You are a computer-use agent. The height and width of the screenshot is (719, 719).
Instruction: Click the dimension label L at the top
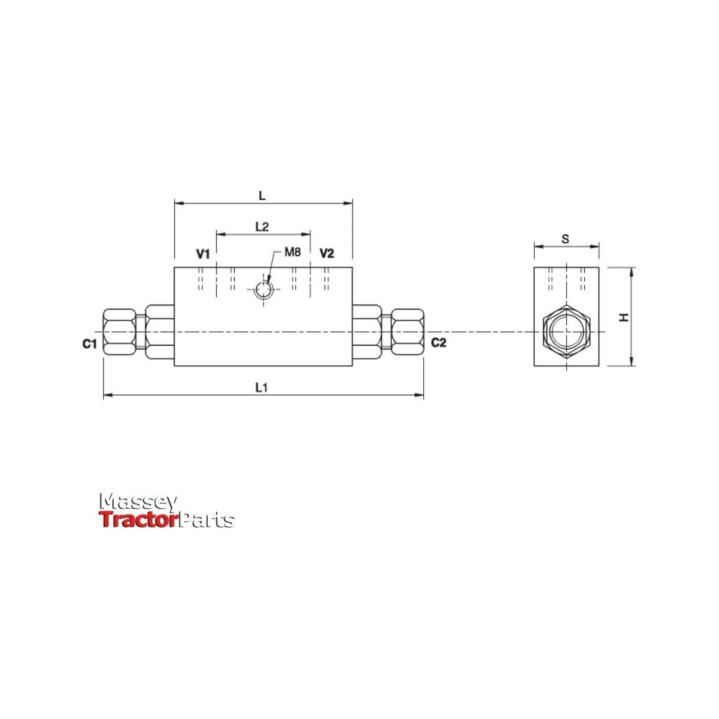[262, 195]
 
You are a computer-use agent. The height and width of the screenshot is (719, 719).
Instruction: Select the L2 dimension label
[262, 226]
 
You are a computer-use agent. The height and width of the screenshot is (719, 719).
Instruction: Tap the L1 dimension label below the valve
[262, 387]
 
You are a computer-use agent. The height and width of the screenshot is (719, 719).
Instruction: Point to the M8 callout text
[293, 252]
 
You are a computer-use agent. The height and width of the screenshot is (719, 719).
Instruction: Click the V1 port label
[203, 253]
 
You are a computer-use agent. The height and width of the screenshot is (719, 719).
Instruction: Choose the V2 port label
[326, 253]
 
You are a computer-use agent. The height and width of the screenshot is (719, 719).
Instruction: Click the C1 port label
[90, 343]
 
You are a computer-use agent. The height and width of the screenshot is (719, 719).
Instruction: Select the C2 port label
[439, 343]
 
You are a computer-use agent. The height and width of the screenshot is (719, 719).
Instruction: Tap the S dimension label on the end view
[565, 238]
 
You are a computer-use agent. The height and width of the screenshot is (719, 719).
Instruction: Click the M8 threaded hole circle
[263, 289]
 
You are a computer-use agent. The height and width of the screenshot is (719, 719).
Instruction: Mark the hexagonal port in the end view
[566, 332]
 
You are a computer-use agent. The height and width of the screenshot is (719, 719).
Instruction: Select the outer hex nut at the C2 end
[407, 332]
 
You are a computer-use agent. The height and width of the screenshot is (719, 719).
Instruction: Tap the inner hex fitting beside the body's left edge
[160, 332]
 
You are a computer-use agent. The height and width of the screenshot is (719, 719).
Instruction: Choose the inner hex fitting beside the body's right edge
[366, 332]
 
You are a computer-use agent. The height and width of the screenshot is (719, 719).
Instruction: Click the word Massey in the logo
[139, 502]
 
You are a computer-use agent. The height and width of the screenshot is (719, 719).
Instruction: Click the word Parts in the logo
[207, 520]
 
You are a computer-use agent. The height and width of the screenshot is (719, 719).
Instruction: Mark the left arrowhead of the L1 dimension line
[107, 395]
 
